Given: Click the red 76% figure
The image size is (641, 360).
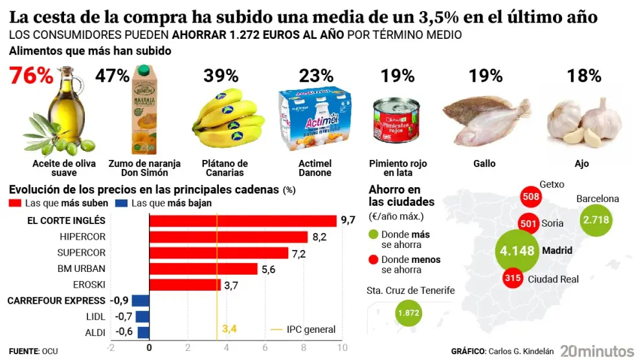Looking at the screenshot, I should coord(32,76).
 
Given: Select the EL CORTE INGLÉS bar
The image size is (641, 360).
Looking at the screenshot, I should coord(243,221).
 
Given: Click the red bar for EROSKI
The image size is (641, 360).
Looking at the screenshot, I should coord(185,284).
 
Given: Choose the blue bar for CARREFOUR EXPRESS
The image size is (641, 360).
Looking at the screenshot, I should coord(141,300).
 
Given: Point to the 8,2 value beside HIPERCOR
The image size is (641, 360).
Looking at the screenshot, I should coord(319,237).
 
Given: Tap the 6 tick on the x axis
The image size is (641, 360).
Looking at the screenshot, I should coord(264,348).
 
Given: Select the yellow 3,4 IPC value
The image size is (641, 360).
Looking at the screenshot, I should coord(229,330).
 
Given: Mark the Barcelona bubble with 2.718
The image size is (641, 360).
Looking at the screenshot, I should coord(596,220).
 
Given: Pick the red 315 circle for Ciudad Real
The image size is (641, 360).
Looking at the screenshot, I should coord(513,278).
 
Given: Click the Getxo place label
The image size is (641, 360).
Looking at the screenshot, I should coord(552,184).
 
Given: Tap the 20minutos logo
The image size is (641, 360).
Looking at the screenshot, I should coord(596,351).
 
